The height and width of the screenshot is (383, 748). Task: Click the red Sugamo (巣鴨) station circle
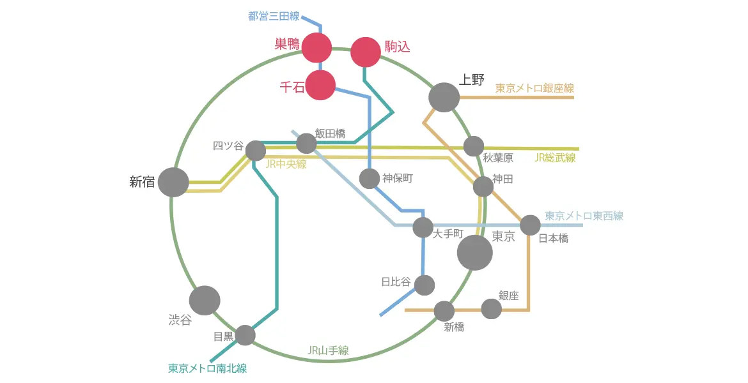(x=317, y=47)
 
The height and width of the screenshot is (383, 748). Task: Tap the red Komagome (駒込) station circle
(x=366, y=52)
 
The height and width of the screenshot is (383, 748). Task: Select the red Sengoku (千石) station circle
(x=320, y=86)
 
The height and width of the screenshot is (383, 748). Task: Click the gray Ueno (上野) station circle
(x=444, y=97)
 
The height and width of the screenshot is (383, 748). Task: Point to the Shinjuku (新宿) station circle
(x=173, y=183)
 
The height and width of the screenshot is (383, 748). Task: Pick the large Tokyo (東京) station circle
(x=474, y=253)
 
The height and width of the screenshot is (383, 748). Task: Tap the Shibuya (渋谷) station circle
(x=205, y=301)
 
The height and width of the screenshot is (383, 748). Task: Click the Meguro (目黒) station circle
(x=245, y=335)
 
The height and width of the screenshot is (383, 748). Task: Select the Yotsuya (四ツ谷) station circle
(x=256, y=151)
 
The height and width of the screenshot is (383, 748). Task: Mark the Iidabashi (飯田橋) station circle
(x=307, y=144)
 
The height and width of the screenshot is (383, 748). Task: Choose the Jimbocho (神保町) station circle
(x=370, y=179)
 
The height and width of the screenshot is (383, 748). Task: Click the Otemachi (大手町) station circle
(x=423, y=227)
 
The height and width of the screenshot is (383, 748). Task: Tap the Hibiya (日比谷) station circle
(x=425, y=285)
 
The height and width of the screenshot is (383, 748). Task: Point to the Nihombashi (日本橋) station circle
(x=530, y=225)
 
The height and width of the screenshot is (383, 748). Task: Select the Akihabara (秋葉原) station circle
(x=474, y=146)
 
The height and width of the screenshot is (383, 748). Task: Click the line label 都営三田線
(x=274, y=16)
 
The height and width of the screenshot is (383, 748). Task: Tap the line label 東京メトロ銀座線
(x=534, y=88)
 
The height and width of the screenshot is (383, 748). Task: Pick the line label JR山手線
(x=328, y=350)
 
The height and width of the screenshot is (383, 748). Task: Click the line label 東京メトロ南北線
(x=208, y=368)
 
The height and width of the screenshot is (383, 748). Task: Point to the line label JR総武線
(x=555, y=158)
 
